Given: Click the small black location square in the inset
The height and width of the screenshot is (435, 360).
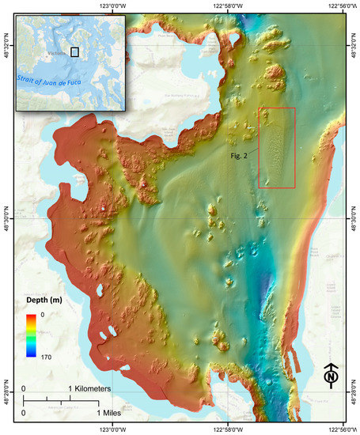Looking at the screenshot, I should (75, 52).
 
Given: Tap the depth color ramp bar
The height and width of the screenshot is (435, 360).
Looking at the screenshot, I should (31, 335).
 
